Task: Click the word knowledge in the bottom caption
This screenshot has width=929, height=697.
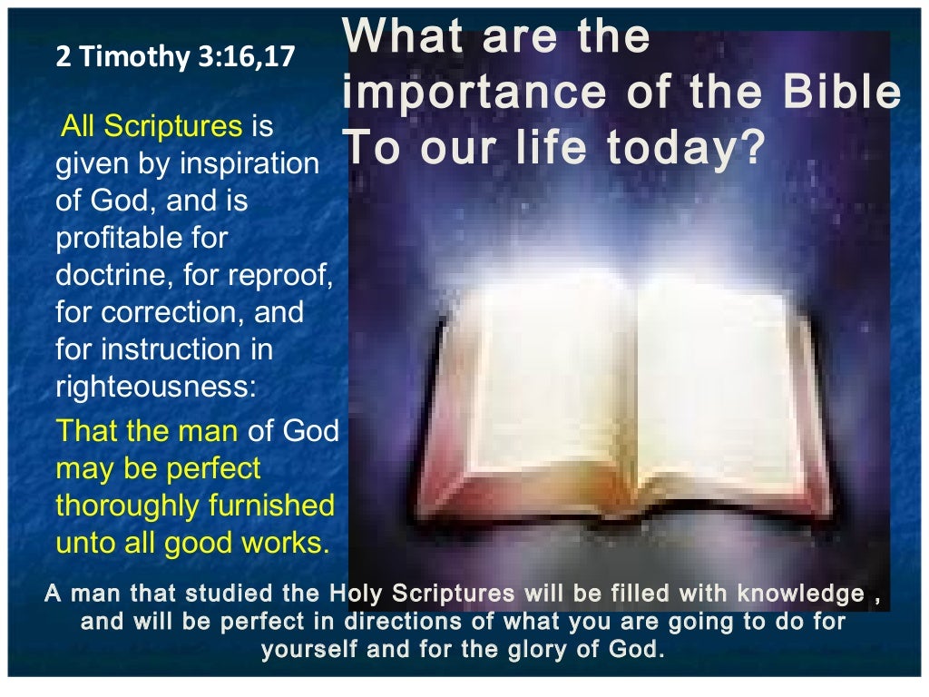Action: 798,594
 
